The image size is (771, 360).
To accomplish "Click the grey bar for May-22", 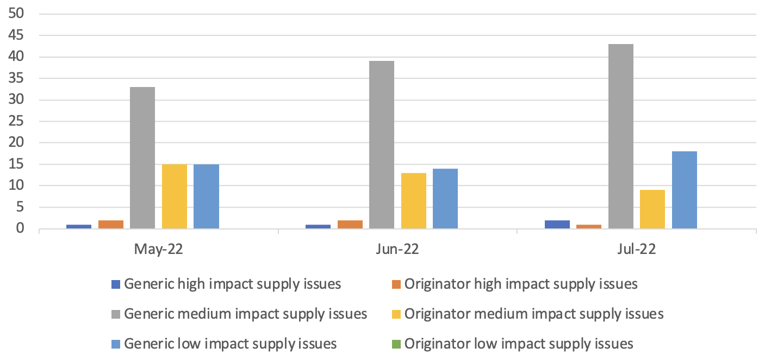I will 142,158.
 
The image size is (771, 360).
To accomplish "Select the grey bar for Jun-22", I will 382,145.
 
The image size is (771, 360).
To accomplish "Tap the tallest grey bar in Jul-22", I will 620,136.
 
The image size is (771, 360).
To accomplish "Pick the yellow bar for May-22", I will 175,196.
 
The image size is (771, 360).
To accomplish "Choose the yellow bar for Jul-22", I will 652,209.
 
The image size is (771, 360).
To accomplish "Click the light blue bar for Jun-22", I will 445,198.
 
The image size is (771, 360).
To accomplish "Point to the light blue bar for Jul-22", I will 684,190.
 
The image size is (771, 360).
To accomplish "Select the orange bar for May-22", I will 111,224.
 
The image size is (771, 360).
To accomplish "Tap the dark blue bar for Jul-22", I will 557,224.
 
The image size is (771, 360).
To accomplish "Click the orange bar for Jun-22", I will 350,224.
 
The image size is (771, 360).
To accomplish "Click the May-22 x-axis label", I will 159,250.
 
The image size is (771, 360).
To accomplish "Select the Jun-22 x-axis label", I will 397,250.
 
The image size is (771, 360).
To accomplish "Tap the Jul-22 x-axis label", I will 637,250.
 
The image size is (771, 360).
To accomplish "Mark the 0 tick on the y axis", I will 21,228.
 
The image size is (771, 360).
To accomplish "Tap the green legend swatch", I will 395,344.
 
